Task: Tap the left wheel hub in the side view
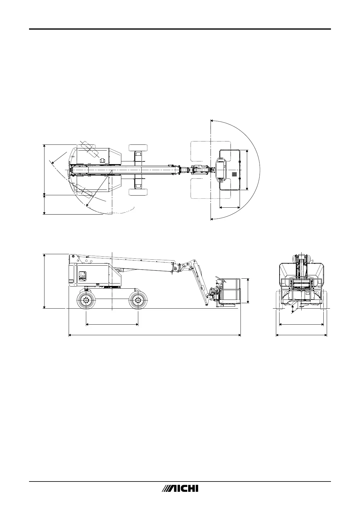pos(86,300)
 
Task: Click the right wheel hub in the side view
pos(138,300)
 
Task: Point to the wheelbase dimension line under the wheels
pos(112,325)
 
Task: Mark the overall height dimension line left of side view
pos(44,281)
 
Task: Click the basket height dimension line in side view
pos(248,290)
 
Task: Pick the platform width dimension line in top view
pos(247,170)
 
